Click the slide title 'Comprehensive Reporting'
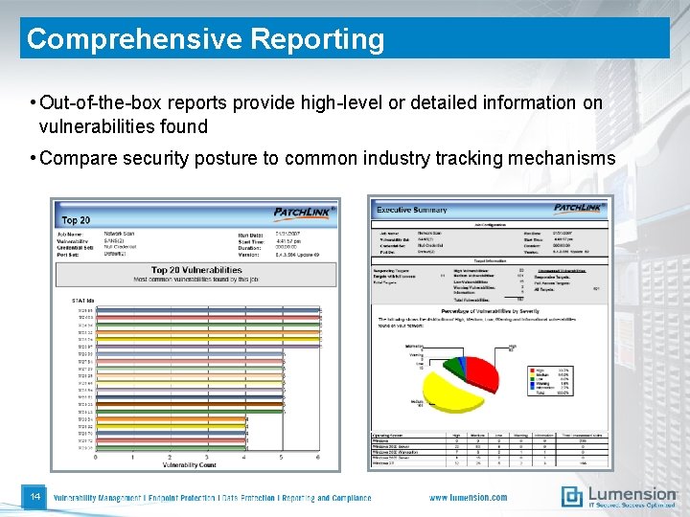tap(205, 39)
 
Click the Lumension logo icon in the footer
tap(572, 496)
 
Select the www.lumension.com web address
tap(468, 498)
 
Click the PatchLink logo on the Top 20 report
tap(303, 213)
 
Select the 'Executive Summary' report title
tap(412, 209)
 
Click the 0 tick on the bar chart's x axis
tap(96, 457)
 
